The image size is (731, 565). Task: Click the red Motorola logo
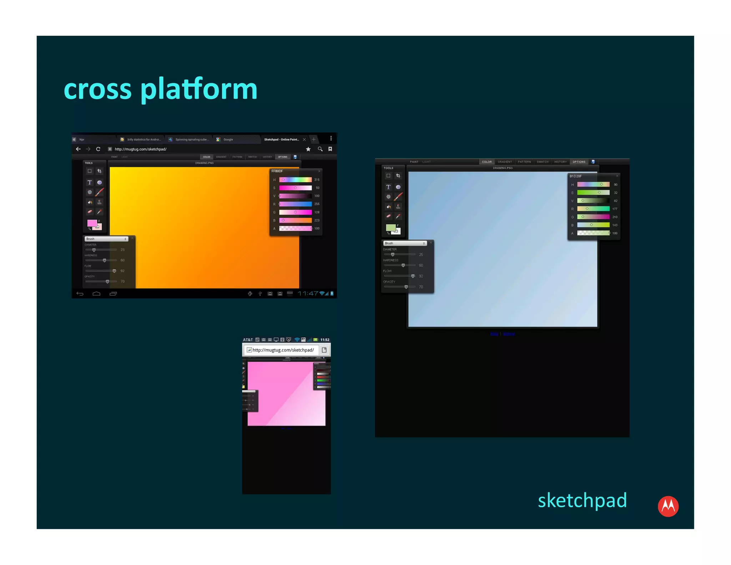[668, 506]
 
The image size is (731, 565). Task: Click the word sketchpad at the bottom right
[582, 500]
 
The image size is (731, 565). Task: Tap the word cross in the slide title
[97, 89]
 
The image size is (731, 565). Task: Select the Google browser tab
[228, 140]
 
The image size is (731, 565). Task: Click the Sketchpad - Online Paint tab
[281, 140]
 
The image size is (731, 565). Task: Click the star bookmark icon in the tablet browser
[308, 149]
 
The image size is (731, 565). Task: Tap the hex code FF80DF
[277, 171]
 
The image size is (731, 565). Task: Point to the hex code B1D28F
[575, 176]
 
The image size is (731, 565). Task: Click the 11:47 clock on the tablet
[308, 294]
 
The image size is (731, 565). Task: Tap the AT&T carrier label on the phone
[248, 340]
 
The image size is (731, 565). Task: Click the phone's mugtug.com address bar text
[283, 350]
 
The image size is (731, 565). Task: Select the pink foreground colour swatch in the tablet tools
[92, 223]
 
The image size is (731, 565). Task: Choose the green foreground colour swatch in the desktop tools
[390, 227]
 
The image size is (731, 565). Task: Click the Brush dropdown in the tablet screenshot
[106, 239]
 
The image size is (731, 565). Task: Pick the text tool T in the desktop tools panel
[388, 187]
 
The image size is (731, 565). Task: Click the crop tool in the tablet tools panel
[100, 171]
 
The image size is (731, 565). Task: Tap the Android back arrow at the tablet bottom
[80, 294]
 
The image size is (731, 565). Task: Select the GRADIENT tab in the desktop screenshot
[505, 162]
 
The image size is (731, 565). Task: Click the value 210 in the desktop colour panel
[615, 217]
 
